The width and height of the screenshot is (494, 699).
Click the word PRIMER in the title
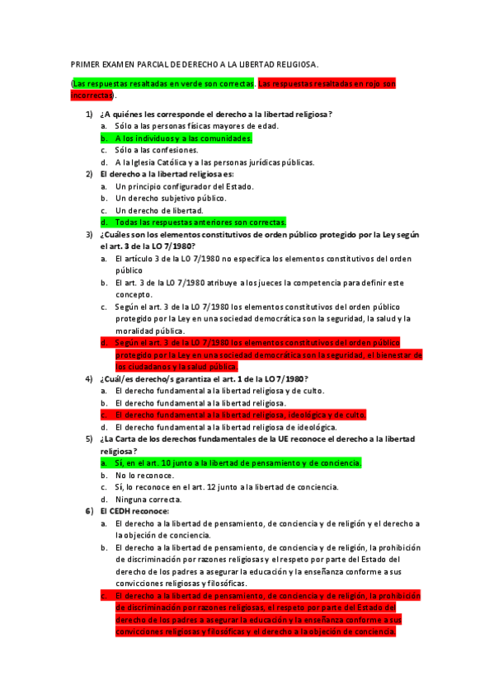click(x=84, y=63)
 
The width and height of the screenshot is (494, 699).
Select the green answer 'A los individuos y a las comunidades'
click(x=183, y=138)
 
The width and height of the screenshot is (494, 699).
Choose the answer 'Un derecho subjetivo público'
click(x=171, y=198)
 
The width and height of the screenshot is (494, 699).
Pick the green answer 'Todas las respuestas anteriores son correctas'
click(x=200, y=222)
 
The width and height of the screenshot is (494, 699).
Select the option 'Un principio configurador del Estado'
click(x=184, y=186)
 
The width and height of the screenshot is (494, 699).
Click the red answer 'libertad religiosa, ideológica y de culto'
click(x=241, y=415)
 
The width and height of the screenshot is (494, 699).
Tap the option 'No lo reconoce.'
click(x=144, y=476)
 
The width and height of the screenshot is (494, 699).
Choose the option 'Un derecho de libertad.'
click(x=159, y=210)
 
